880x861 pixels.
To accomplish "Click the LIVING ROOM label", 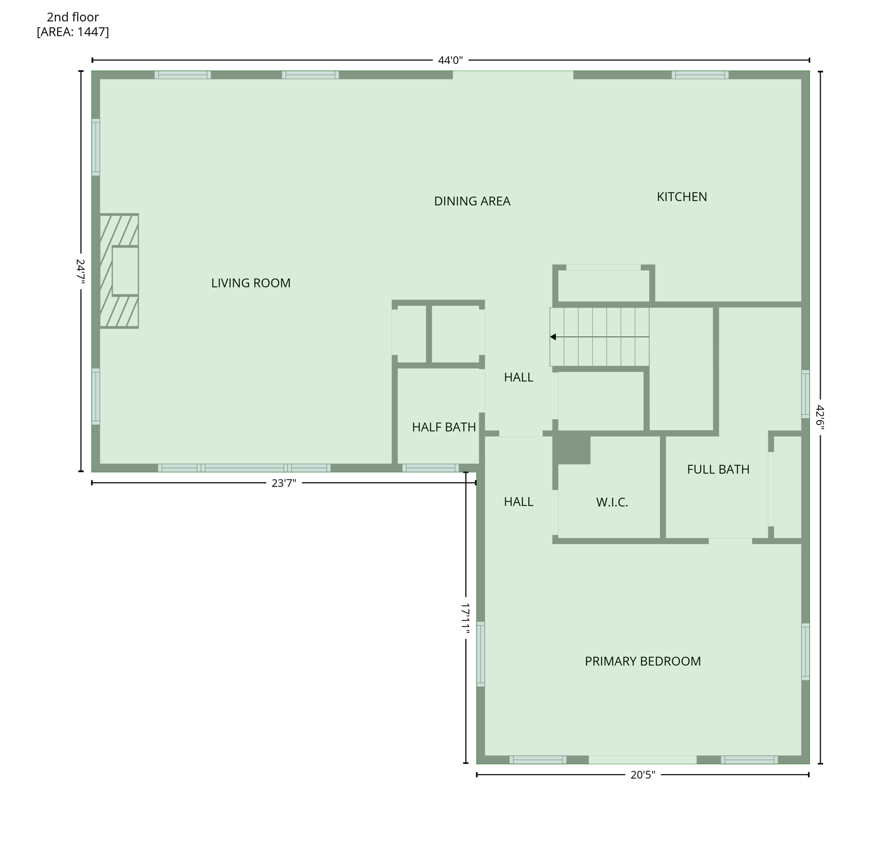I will (x=250, y=283).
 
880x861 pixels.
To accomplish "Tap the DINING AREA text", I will (x=472, y=201).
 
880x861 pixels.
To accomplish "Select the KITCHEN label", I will (x=681, y=197).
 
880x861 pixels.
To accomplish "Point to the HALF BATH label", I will (x=444, y=427).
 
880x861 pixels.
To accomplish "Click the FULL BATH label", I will (x=718, y=469).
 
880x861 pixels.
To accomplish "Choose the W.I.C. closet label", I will (x=612, y=502).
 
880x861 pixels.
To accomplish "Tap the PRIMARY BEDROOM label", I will (x=642, y=661).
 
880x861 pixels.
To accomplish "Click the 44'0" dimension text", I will (x=450, y=61).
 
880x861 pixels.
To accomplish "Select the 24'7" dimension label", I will (x=81, y=271).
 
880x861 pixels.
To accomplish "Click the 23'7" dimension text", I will (x=283, y=483).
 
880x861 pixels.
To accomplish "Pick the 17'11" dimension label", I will (x=465, y=619).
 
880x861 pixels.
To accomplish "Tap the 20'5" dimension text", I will (x=642, y=775).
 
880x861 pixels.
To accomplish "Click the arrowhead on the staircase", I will (x=553, y=337).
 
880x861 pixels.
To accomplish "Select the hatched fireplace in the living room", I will (x=119, y=271).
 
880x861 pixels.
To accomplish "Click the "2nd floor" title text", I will (x=73, y=17).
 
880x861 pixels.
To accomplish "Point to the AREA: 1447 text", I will (x=73, y=32).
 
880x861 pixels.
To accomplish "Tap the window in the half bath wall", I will (x=430, y=467).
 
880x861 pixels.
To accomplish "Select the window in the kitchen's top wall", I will (x=700, y=75).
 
